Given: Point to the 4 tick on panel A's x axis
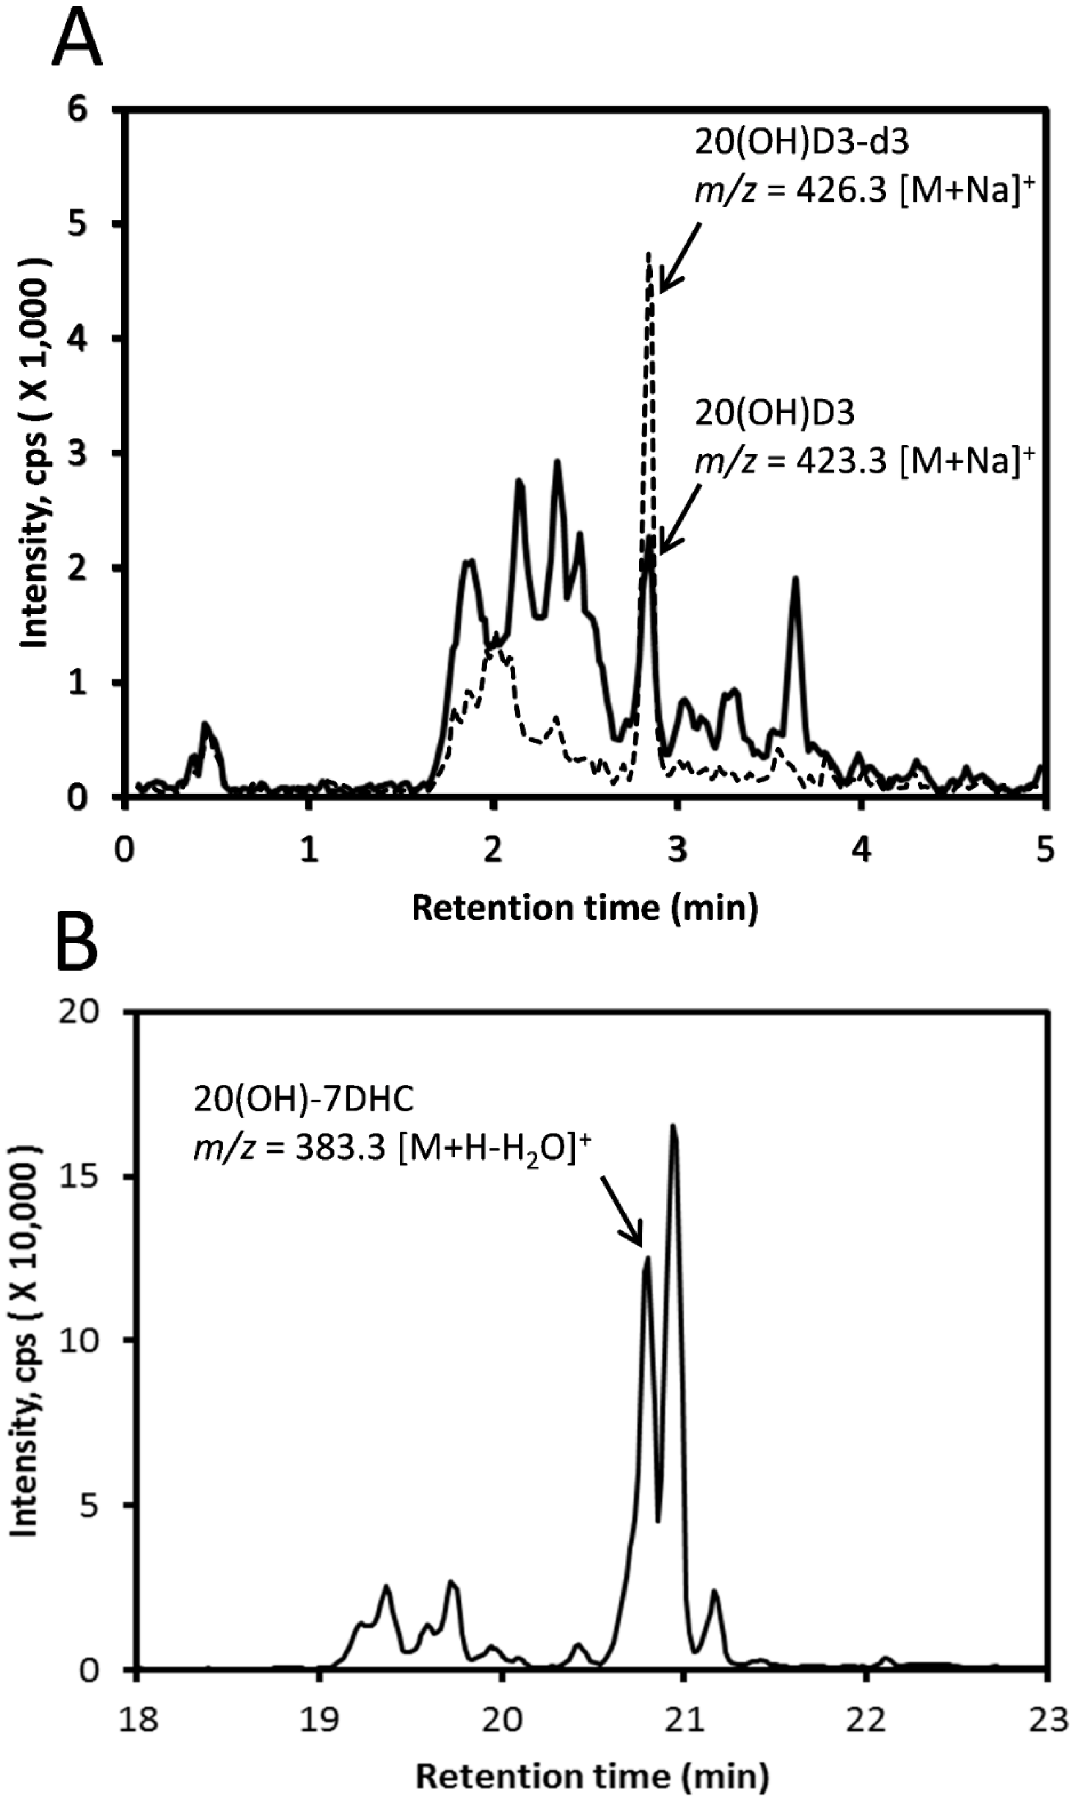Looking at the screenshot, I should click(860, 851).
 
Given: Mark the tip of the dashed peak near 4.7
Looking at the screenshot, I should click(649, 254).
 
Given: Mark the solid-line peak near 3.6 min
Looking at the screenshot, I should click(795, 579).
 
